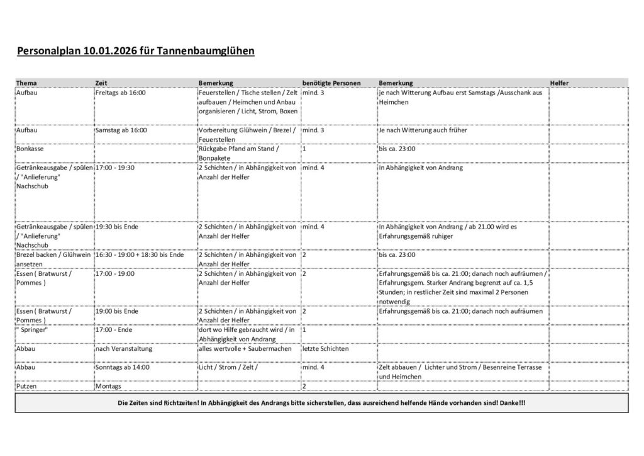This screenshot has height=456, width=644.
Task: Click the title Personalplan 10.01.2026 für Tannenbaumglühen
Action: click(x=135, y=51)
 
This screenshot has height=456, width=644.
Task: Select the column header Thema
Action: click(x=26, y=83)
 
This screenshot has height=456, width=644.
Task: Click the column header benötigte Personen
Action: click(x=331, y=83)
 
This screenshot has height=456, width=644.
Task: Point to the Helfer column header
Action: click(x=560, y=83)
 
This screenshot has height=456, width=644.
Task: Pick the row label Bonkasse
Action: click(x=29, y=149)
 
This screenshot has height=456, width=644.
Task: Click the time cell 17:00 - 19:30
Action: click(x=115, y=168)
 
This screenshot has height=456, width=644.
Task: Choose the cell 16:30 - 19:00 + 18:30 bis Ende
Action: click(x=140, y=255)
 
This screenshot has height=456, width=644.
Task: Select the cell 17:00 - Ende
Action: click(x=114, y=329)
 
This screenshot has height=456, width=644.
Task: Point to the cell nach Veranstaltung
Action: click(x=124, y=348)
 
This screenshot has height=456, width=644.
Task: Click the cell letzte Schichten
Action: click(x=325, y=348)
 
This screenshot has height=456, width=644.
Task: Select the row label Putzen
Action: click(x=26, y=385)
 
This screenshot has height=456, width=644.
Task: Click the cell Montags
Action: click(x=108, y=385)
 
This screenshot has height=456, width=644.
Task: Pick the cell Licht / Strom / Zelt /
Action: click(x=228, y=367)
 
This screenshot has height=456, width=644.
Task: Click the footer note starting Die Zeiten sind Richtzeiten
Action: click(x=321, y=402)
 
